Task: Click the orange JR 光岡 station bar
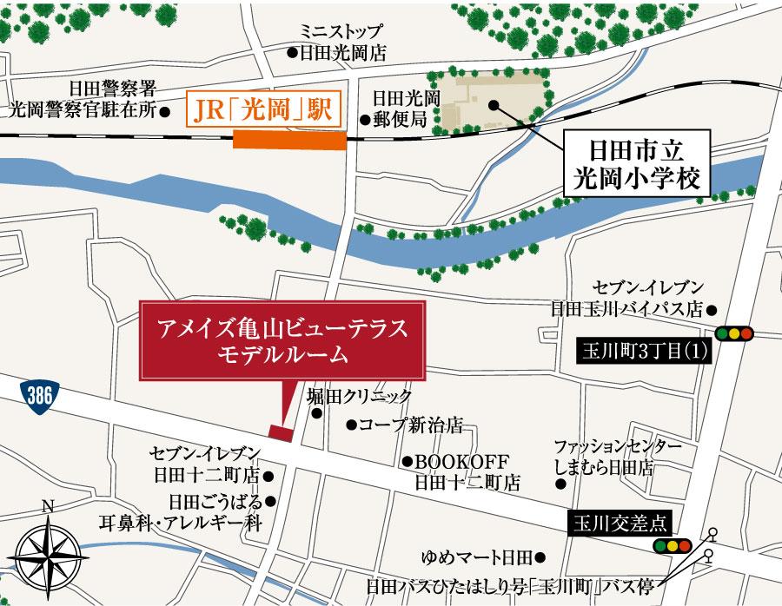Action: click(290, 142)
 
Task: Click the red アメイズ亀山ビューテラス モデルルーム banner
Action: click(283, 342)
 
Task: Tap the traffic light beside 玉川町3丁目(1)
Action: click(734, 333)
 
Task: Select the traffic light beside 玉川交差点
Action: click(672, 546)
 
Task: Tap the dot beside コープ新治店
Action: click(351, 425)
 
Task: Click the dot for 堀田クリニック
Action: click(317, 413)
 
